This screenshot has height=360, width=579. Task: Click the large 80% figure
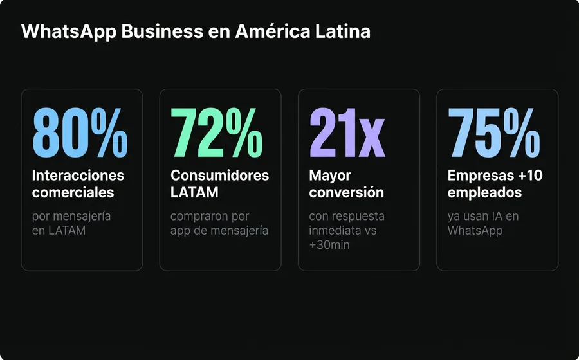click(80, 133)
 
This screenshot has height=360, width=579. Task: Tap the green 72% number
click(217, 133)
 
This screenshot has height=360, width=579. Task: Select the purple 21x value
click(347, 133)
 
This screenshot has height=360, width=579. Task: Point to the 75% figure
click(494, 133)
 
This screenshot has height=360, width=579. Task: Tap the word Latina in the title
click(345, 32)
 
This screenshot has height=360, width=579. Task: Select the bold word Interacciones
click(78, 175)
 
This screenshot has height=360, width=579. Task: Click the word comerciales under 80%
click(73, 192)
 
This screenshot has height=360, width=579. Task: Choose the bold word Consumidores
click(219, 175)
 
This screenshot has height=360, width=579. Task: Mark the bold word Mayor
click(330, 175)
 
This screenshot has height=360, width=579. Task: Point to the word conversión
click(346, 192)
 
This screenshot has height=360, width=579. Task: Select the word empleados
click(484, 192)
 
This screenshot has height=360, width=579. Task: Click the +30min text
click(329, 245)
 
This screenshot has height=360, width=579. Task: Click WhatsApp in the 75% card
click(475, 230)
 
